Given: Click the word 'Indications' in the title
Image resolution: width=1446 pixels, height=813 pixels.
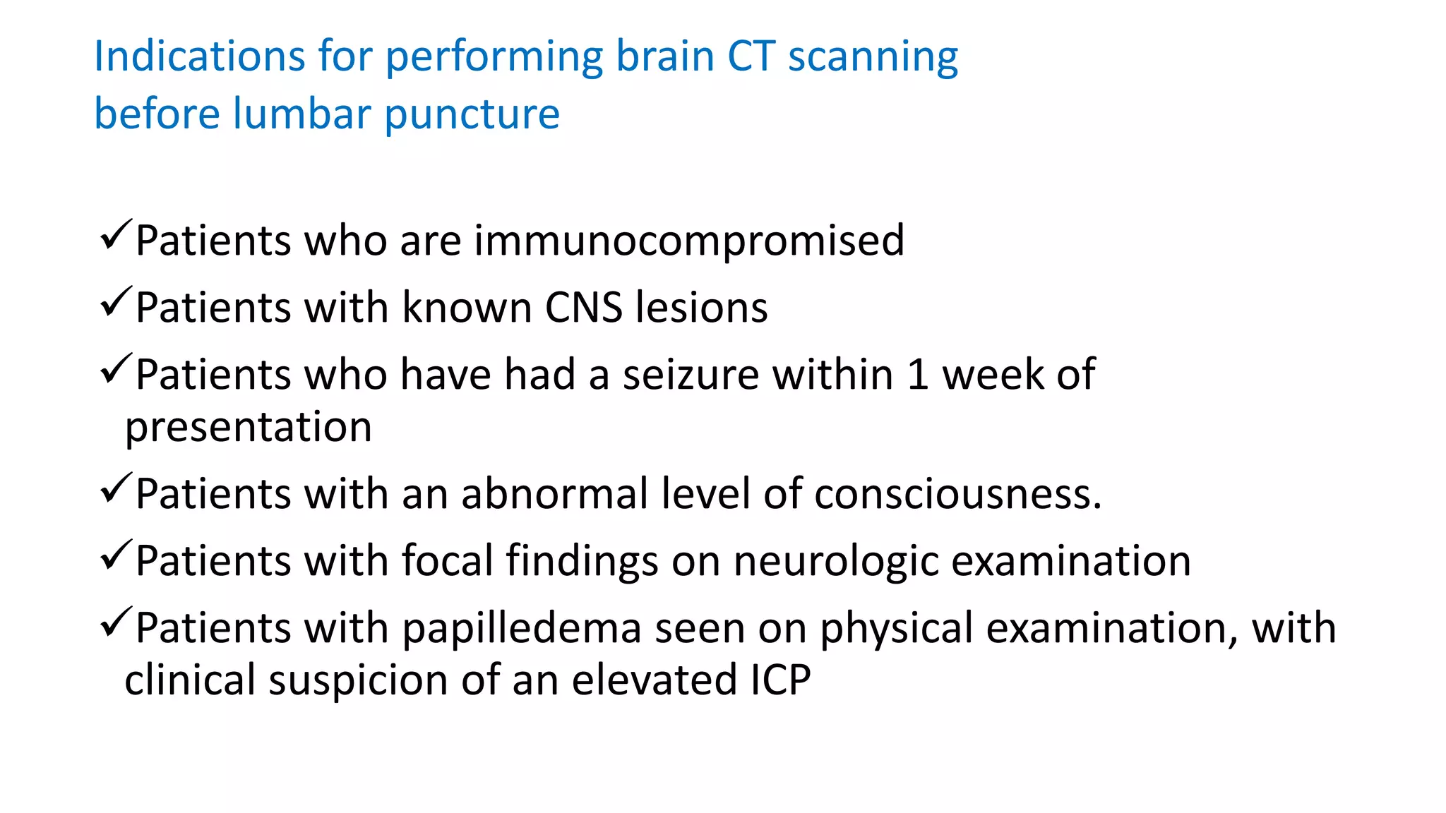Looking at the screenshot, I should [199, 56].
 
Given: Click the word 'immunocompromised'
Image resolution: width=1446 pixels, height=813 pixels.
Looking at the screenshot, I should [688, 241].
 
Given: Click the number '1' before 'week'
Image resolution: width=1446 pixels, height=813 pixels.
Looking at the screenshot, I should [917, 374].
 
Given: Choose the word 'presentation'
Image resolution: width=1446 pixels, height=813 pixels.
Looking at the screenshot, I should [248, 427].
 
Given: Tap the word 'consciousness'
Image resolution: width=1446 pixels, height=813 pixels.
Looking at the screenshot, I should [957, 493].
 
